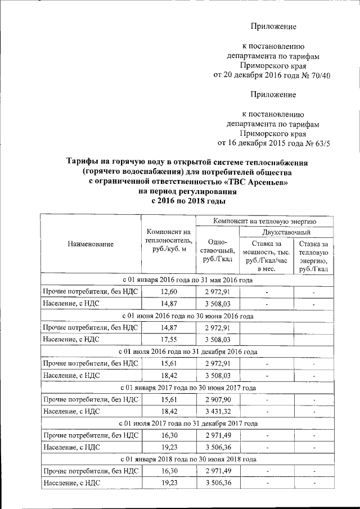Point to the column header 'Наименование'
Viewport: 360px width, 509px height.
[91, 244]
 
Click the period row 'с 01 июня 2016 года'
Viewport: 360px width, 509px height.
[187, 316]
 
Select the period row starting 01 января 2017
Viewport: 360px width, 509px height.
[187, 388]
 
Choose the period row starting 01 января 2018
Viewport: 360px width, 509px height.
[187, 460]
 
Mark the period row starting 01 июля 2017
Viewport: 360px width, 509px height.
[187, 424]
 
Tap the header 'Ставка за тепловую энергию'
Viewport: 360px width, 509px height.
[314, 256]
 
